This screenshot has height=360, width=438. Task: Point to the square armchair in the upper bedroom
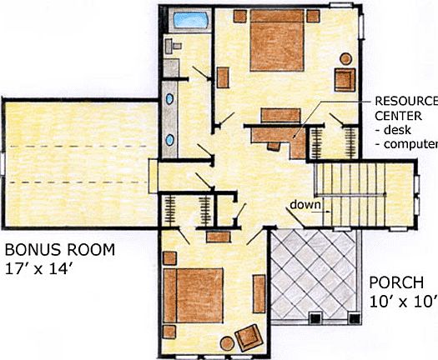(345, 79)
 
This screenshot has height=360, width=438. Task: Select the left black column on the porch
(315, 317)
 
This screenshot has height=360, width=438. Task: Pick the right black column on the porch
(352, 317)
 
